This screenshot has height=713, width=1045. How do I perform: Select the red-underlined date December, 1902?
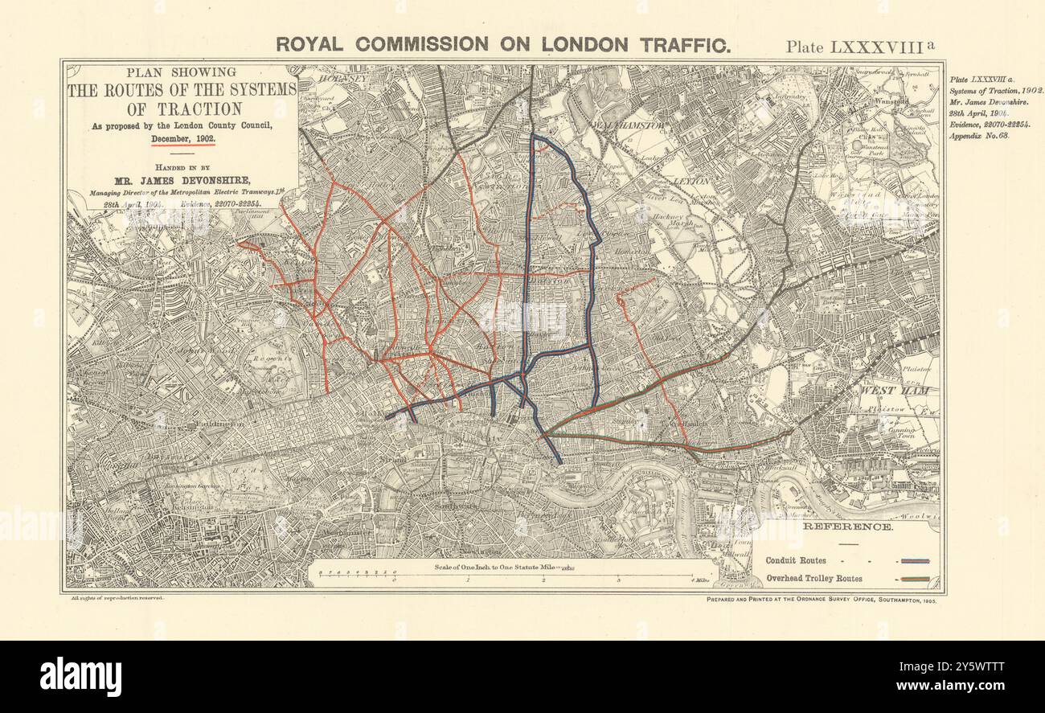183,139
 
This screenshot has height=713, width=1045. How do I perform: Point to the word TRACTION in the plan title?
181,109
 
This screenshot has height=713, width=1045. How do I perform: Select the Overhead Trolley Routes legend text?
813,578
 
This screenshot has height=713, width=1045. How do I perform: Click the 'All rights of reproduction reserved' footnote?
113,599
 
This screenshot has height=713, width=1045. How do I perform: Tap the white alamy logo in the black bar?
80,676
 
